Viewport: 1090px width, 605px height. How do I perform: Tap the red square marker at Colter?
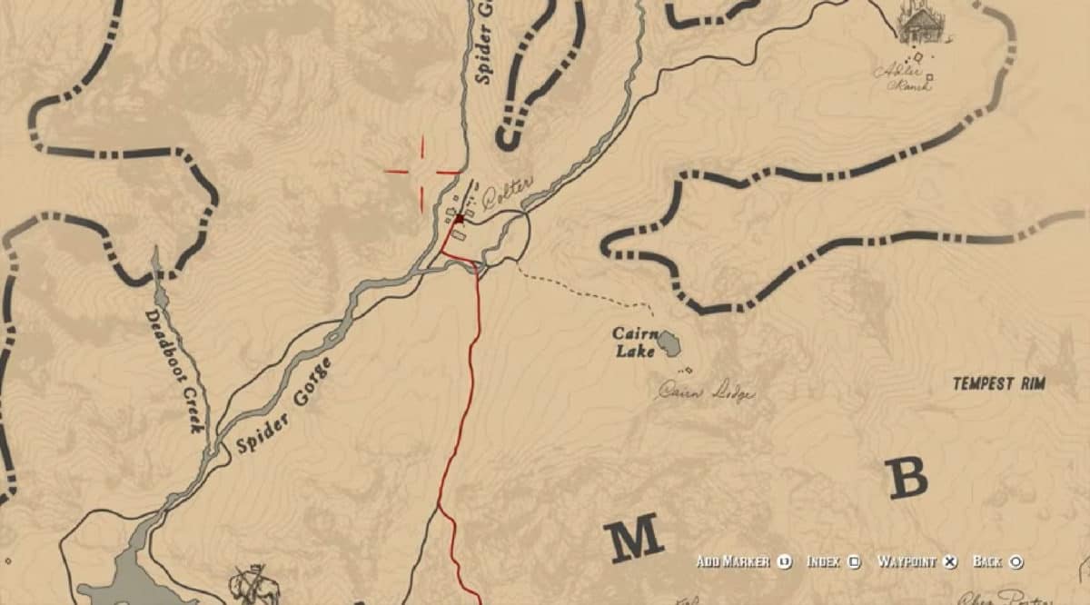[460, 218]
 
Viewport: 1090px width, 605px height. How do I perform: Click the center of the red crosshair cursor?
[423, 171]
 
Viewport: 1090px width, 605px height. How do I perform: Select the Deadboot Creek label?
[174, 371]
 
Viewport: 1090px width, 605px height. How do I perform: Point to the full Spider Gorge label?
[284, 405]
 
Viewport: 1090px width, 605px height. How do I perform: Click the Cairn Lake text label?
[634, 342]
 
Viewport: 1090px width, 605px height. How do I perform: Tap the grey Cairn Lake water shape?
[669, 343]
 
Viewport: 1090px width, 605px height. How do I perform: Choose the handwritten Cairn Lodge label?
[706, 392]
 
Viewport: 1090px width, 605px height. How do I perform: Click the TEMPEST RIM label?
[998, 383]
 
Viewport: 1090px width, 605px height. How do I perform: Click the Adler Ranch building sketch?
[921, 25]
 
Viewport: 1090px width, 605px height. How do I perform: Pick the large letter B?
[907, 477]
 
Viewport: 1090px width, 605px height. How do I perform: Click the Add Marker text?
[733, 561]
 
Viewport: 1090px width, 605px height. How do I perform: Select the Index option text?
[823, 561]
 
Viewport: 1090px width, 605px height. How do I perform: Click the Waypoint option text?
[907, 561]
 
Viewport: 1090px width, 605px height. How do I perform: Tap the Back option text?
[988, 561]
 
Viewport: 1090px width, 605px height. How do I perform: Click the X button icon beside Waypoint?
[949, 561]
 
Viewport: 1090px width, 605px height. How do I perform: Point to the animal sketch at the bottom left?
[254, 583]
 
